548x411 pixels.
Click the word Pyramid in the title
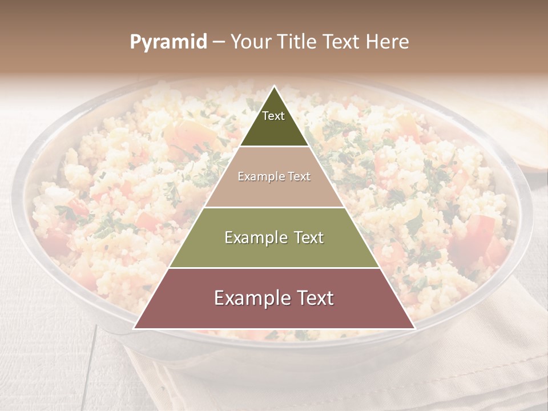[x=168, y=42]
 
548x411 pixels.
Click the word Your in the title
[x=251, y=42]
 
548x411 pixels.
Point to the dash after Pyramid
[x=219, y=42]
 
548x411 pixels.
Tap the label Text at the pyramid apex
[x=273, y=116]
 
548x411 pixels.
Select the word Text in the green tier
[x=306, y=237]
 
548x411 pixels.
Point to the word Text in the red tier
[x=313, y=298]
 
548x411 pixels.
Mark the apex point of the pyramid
[x=275, y=86]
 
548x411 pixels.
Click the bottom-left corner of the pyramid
[x=134, y=328]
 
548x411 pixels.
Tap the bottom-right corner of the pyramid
[x=414, y=328]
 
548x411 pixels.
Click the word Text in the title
[x=343, y=42]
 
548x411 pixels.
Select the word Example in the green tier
[x=255, y=237]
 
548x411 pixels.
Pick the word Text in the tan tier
[x=299, y=177]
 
